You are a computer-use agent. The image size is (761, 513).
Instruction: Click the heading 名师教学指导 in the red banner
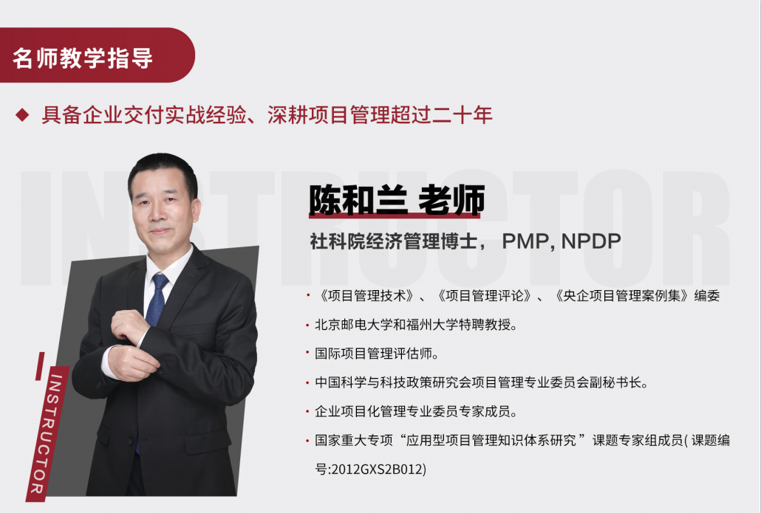point(83,58)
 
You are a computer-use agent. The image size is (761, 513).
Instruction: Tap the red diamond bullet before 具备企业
point(22,115)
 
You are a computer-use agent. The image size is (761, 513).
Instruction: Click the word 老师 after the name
point(451,199)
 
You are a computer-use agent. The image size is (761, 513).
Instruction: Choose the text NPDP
point(591,241)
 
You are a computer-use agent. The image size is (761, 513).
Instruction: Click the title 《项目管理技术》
point(367,296)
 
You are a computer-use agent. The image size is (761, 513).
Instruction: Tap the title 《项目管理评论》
point(485,296)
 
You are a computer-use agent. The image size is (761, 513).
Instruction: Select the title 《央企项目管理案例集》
point(622,296)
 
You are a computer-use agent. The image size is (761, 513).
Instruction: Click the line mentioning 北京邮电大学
point(416,325)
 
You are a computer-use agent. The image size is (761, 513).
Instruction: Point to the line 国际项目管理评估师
point(377,354)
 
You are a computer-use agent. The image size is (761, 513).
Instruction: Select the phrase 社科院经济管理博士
point(394,241)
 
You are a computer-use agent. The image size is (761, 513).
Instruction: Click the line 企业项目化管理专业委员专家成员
point(416,412)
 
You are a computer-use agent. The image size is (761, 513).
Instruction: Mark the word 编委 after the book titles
point(706,296)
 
